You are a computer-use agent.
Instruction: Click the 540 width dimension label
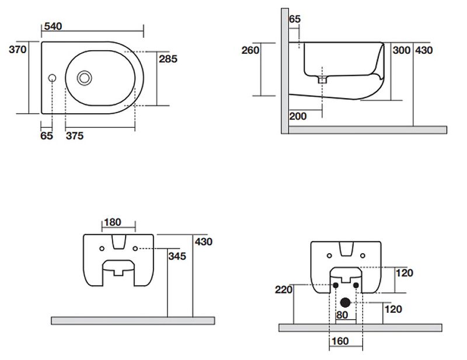(52, 26)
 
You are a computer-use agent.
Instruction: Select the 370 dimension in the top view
(18, 50)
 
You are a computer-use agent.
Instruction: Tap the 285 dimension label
(168, 58)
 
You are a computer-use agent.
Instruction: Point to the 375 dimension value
(75, 136)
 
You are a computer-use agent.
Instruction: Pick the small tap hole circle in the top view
(52, 78)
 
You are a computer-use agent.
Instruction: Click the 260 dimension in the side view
(250, 50)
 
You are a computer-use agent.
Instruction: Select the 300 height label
(402, 50)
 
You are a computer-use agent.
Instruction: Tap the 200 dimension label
(298, 116)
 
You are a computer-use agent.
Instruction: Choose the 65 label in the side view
(295, 19)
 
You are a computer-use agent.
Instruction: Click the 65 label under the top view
(47, 136)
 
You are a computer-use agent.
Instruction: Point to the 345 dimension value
(177, 256)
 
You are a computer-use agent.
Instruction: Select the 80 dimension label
(343, 315)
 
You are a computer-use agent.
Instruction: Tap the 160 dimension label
(339, 341)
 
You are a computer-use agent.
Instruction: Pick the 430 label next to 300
(424, 50)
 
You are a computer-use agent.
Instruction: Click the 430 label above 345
(204, 242)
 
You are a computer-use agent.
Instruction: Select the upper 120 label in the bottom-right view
(405, 272)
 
